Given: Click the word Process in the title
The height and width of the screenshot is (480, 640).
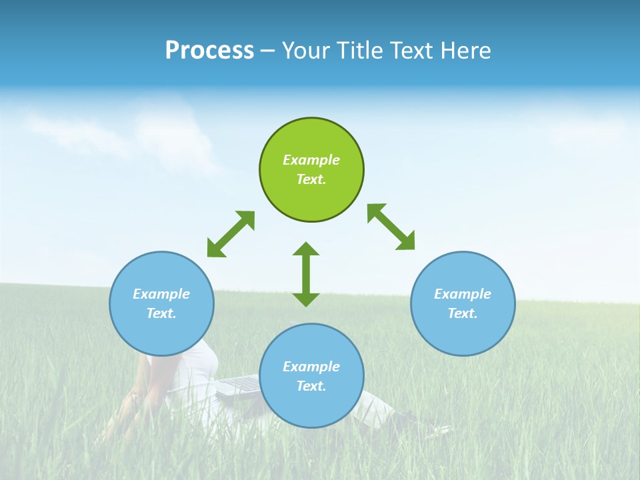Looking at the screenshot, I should [209, 51].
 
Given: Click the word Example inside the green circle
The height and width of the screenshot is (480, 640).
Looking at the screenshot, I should [311, 160].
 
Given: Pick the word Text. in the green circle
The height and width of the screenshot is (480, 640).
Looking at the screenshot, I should [311, 179].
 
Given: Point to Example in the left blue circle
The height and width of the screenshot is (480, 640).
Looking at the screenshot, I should [161, 294].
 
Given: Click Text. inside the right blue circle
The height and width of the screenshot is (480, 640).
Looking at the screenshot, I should [463, 313].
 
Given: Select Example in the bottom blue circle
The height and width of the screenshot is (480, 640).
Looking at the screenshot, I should [311, 367].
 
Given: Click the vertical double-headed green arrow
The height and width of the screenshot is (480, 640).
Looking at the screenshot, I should [306, 274].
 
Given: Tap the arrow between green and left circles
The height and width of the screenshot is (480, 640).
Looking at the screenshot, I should [231, 234].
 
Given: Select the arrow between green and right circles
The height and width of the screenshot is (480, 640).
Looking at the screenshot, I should [391, 227].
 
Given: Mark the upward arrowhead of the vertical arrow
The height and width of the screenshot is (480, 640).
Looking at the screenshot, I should [306, 249].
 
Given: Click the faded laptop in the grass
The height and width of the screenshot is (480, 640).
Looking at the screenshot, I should [239, 385].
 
